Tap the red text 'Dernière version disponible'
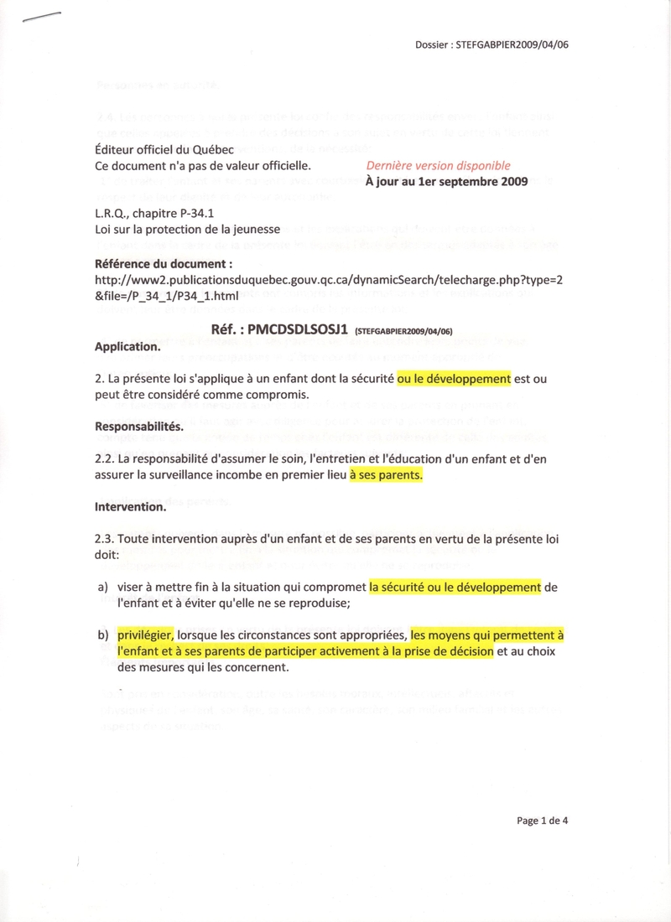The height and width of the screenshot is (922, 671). point(438,166)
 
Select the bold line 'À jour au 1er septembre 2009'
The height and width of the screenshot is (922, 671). point(447,182)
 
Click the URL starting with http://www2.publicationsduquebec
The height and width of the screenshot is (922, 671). point(327,281)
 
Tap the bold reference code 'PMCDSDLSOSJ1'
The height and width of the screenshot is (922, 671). point(285,329)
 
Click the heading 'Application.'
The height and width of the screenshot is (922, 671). point(127,346)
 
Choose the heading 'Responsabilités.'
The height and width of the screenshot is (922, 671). point(138,426)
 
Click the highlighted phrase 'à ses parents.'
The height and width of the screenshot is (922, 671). point(386,474)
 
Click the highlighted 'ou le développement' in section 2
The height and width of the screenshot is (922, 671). point(454,379)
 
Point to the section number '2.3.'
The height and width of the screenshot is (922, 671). point(106,539)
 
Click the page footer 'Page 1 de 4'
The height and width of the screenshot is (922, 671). point(543,821)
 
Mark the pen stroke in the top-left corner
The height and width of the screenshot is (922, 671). point(43,21)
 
